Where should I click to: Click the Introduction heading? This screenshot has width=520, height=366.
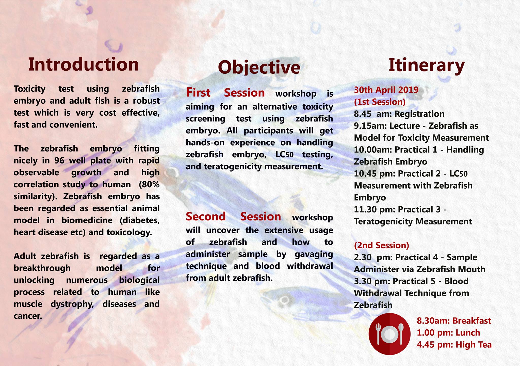pos(83,64)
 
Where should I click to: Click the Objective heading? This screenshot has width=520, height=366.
pos(259,67)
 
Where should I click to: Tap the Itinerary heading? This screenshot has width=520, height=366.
pos(427,66)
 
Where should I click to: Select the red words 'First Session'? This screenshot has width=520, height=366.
pos(225,93)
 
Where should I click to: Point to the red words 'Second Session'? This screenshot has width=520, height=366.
pos(233,217)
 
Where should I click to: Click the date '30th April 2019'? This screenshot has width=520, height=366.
pos(386,90)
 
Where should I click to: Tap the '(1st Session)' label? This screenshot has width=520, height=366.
pos(380,102)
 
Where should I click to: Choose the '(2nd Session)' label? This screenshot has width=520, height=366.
pos(381,245)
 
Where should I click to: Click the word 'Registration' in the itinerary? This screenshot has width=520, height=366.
pos(419,114)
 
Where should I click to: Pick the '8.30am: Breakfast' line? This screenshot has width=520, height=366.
pos(454,321)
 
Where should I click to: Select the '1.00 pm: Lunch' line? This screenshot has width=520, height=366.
pos(448,333)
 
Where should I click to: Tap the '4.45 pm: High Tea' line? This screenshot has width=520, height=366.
pos(454,345)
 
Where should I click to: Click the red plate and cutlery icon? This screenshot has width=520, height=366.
pos(389,334)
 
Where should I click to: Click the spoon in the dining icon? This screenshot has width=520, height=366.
pos(401,334)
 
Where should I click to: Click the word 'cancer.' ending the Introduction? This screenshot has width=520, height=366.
pos(28,316)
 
